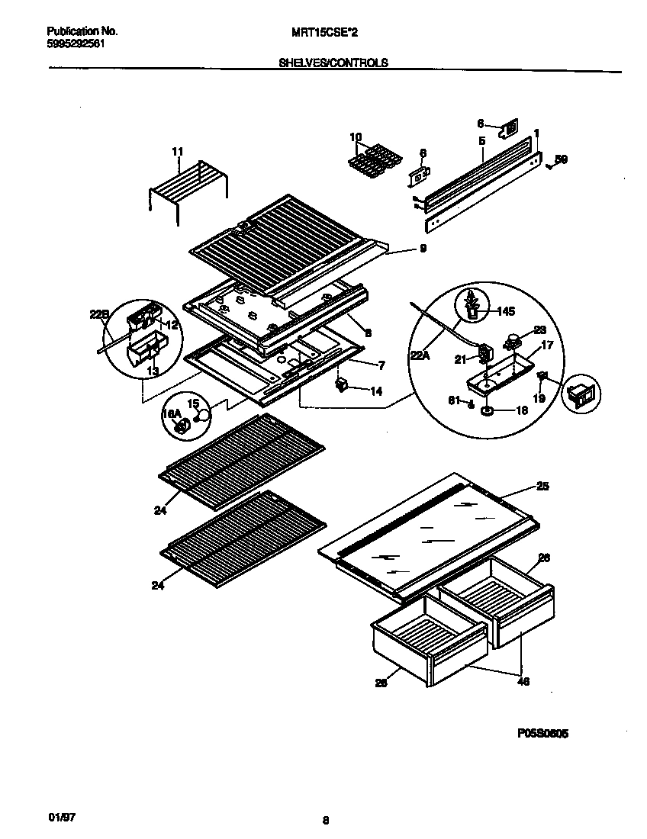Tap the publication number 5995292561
76,43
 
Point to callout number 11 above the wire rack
177,153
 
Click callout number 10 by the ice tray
356,137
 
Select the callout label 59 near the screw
561,159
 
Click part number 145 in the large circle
507,310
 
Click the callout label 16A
171,413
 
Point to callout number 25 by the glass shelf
542,486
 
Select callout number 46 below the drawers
523,681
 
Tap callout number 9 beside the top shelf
422,249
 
